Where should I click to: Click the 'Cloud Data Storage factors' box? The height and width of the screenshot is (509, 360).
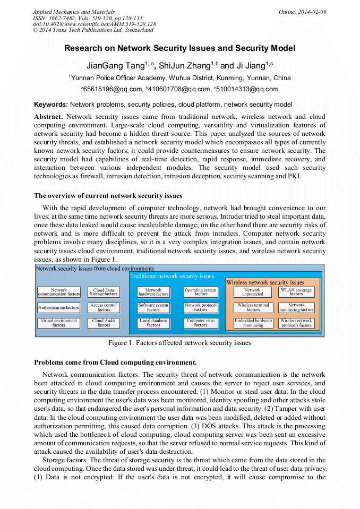click(x=104, y=292)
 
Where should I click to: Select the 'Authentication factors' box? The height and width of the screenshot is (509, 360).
click(x=59, y=307)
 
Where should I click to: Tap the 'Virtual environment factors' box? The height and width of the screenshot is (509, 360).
click(x=59, y=323)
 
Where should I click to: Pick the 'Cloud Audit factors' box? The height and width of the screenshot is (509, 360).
click(x=104, y=323)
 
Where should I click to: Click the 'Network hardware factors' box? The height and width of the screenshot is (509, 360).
click(x=153, y=292)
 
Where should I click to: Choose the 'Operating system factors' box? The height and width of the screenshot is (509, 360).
click(x=201, y=292)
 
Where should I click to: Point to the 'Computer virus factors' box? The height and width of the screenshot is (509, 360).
click(x=201, y=323)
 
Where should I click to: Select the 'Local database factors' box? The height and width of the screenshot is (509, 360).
click(x=153, y=323)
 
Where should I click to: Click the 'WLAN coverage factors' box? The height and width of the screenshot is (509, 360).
click(x=296, y=292)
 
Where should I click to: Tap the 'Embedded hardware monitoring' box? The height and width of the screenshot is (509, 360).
click(x=253, y=323)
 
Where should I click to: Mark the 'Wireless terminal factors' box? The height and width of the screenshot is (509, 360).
click(x=253, y=307)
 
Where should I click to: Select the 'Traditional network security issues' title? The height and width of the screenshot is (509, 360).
click(x=172, y=276)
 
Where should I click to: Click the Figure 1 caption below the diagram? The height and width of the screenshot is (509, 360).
click(x=179, y=343)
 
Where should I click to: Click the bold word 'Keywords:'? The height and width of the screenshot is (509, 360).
click(x=50, y=105)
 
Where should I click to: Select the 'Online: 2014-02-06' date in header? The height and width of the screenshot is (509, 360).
click(x=302, y=12)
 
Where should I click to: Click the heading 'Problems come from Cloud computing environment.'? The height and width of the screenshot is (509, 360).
click(x=115, y=363)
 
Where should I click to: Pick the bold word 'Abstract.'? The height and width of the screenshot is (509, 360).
click(x=48, y=116)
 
